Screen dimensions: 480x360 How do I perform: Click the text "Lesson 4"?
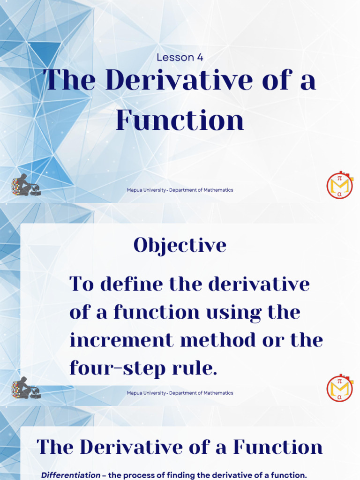click(x=180, y=58)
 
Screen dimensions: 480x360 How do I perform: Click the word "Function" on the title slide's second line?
click(x=180, y=120)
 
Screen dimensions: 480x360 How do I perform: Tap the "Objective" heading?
click(x=180, y=245)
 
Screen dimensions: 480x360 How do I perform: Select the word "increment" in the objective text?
click(x=121, y=340)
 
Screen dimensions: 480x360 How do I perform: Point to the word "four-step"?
click(x=113, y=368)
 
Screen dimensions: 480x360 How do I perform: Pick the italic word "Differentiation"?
click(x=70, y=475)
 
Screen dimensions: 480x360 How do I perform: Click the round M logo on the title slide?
click(x=339, y=186)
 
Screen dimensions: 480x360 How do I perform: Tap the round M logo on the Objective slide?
click(x=339, y=389)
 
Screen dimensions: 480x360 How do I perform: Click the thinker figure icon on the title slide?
click(x=26, y=185)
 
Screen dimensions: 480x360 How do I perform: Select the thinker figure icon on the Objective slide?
click(x=26, y=388)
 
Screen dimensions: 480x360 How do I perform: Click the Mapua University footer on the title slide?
click(x=180, y=190)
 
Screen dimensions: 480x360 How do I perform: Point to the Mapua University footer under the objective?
click(x=180, y=393)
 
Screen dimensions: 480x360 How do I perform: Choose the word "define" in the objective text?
click(x=132, y=284)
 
